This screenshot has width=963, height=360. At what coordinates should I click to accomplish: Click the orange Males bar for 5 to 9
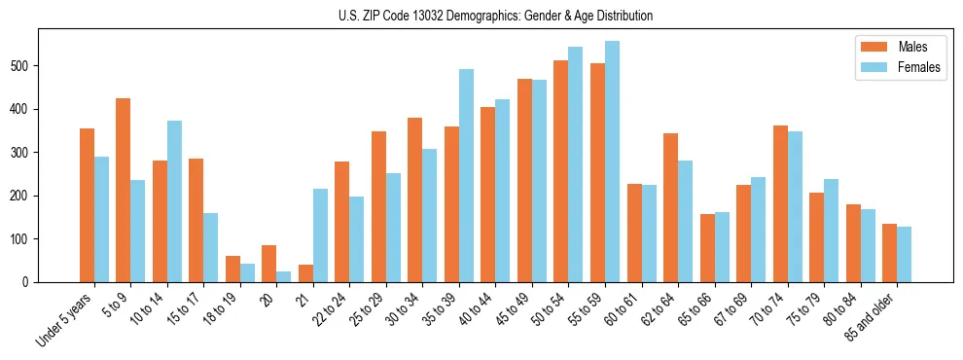pyautogui.click(x=124, y=190)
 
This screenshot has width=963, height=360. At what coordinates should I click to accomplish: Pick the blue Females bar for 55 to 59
pyautogui.click(x=612, y=162)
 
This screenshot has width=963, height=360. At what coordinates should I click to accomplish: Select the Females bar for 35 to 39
pyautogui.click(x=466, y=175)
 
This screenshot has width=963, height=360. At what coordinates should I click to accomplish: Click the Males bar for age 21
pyautogui.click(x=305, y=273)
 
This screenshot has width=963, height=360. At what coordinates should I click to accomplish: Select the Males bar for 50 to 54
pyautogui.click(x=561, y=171)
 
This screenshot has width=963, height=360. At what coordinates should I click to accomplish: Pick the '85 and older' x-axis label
pyautogui.click(x=874, y=316)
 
